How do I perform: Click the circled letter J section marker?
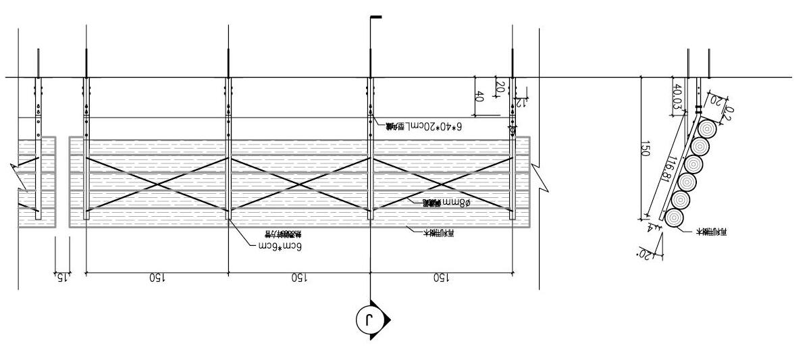click(x=367, y=319)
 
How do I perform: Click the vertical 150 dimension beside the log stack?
click(x=644, y=150)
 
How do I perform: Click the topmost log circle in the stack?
click(x=707, y=128)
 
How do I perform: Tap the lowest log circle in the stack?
click(x=675, y=217)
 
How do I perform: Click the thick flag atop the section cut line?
click(x=375, y=17)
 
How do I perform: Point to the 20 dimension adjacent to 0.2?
click(x=715, y=101)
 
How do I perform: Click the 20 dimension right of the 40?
click(x=500, y=87)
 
